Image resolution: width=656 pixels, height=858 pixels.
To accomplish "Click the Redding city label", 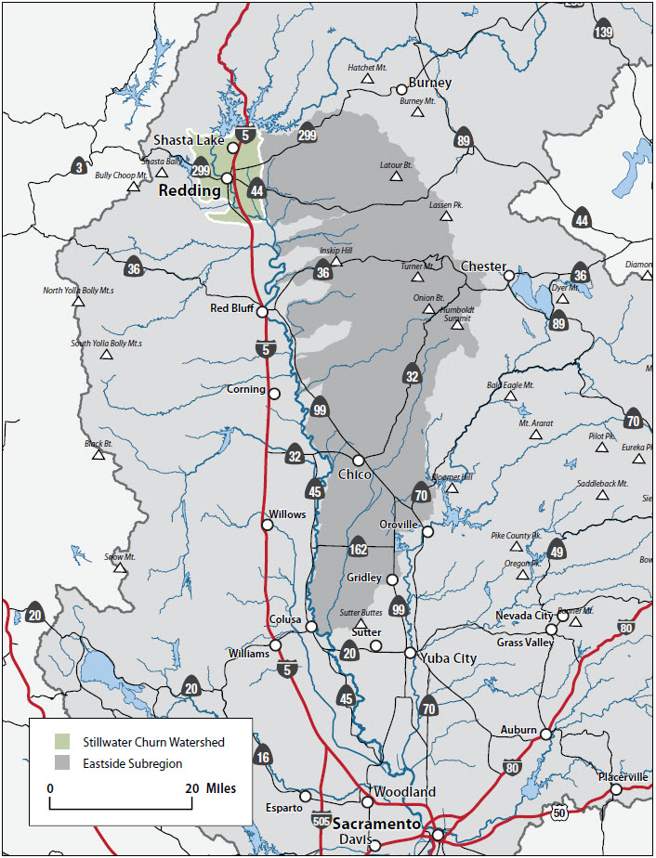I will coord(190,190).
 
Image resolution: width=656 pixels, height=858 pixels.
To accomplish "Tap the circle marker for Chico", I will coord(358,461).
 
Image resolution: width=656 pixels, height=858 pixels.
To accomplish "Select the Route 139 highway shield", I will coord(604,30).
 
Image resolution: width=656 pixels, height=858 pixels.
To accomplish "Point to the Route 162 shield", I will coord(359,547).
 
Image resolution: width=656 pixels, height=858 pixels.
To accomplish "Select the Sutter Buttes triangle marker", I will coord(361,624).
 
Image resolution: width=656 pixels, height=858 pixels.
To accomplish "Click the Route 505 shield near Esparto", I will coord(321,822).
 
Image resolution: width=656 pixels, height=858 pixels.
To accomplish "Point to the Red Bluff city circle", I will coord(263,313).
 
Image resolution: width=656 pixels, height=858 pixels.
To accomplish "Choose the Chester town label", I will coord(483,266).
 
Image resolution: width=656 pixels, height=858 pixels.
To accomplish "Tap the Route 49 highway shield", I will coord(558,551).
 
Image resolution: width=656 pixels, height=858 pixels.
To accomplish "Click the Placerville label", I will coord(623,776).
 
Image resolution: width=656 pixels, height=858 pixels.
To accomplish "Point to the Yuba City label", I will coord(448,658).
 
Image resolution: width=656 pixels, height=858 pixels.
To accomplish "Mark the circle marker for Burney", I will coord(401,90).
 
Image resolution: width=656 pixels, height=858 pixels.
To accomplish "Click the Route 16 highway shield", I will coord(263,757).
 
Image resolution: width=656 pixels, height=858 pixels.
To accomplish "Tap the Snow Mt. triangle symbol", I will coord(120,567).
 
